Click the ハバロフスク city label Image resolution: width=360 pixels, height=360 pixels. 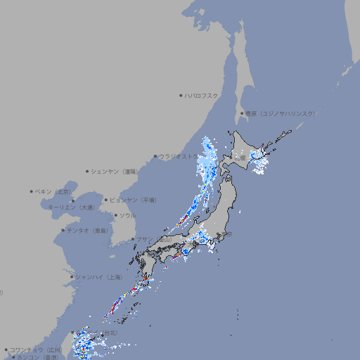coord(202,95)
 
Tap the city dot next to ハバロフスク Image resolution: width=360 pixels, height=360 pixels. coord(181,95)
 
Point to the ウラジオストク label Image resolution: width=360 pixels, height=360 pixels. coord(179,157)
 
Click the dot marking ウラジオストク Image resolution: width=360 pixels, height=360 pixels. coord(155,157)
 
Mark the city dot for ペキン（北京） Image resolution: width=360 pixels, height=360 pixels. coord(32,191)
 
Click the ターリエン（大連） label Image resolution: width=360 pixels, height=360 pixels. coord(71,207)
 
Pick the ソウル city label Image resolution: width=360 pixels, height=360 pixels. coord(127,216)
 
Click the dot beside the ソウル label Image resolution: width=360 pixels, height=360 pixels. coord(115,216)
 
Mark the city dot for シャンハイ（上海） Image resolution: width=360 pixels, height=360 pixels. coord(72,277)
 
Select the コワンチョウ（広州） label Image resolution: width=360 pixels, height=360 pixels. coord(36,349)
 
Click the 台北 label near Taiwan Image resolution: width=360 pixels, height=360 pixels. coord(109,333)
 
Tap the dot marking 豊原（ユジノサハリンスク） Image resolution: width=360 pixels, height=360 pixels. coord(242,113)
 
